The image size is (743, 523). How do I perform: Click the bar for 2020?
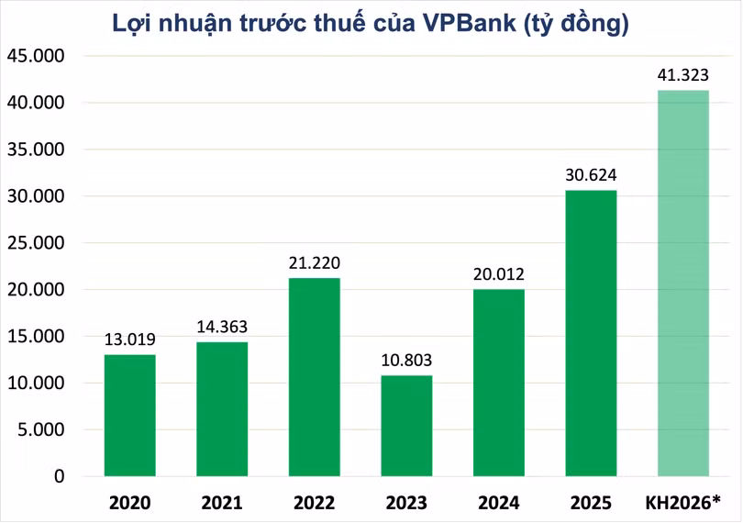click(x=129, y=415)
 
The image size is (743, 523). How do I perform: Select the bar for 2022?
click(x=314, y=377)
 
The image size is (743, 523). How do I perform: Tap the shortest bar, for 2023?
click(x=406, y=426)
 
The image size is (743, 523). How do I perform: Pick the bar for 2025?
click(x=591, y=333)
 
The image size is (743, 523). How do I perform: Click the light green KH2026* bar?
click(x=683, y=283)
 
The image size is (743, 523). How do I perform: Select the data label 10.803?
click(x=406, y=361)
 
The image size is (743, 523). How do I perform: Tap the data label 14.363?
click(x=222, y=327)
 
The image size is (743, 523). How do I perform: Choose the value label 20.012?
click(x=499, y=274)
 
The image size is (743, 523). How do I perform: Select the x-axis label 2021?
click(x=222, y=503)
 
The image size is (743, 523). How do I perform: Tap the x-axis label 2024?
click(x=499, y=503)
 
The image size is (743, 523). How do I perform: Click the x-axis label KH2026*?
click(x=683, y=503)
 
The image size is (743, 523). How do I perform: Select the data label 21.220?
click(x=314, y=263)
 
